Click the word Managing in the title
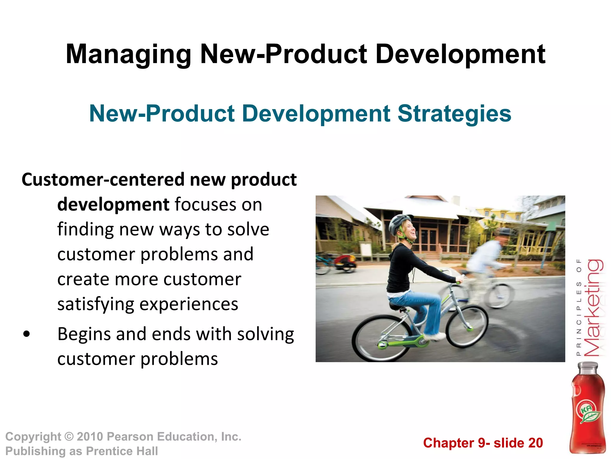pyautogui.click(x=128, y=55)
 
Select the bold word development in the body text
pyautogui.click(x=113, y=205)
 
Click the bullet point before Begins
pyautogui.click(x=27, y=334)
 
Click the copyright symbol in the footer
pyautogui.click(x=69, y=437)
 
